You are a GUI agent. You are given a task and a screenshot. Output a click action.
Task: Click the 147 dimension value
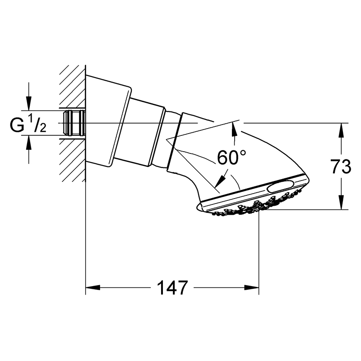tap(172, 287)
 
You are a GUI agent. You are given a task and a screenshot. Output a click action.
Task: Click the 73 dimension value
tap(341, 166)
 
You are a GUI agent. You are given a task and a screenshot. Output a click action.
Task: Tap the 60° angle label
tap(231, 157)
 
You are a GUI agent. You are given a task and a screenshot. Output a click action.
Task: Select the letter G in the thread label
tap(17, 125)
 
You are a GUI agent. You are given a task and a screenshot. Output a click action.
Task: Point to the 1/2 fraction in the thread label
tap(37, 124)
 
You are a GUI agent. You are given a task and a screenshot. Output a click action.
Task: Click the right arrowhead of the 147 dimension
tap(252, 287)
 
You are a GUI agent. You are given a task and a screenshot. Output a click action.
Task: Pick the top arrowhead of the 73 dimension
tap(341, 130)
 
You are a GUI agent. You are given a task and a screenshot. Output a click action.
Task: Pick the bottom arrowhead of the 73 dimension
tap(341, 202)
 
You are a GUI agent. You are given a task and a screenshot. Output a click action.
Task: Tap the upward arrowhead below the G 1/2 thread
tap(28, 142)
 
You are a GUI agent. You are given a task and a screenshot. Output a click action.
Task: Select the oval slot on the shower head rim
tap(280, 185)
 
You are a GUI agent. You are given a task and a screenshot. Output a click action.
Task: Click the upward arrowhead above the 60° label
tap(234, 130)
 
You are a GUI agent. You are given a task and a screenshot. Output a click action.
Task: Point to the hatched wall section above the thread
tap(73, 86)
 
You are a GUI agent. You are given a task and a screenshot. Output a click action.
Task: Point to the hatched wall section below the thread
tap(73, 160)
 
